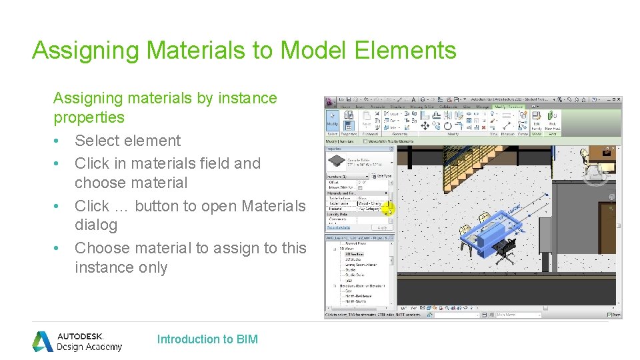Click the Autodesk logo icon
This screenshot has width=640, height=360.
point(43,341)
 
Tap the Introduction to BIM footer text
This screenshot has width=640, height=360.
point(207,339)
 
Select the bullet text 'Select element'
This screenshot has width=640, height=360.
point(127,141)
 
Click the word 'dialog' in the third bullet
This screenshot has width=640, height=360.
point(96,225)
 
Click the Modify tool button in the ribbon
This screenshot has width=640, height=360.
point(332,120)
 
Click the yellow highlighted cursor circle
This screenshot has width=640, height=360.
point(388,208)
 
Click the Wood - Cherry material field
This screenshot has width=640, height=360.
point(371,203)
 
